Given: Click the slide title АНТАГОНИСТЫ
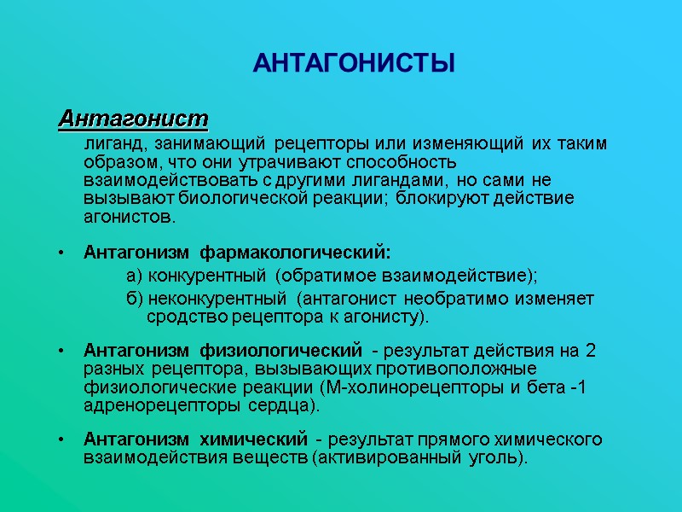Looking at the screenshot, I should click(354, 64).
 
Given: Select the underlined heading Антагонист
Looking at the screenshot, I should click(133, 117).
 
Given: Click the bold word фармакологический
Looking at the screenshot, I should click(295, 253).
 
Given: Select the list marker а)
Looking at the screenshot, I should click(134, 276).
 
